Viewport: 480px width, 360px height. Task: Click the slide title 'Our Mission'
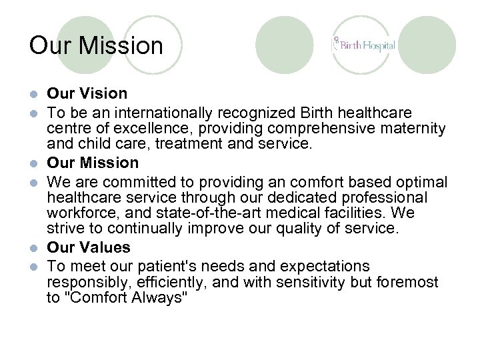point(96,46)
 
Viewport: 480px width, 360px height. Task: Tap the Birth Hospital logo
point(363,45)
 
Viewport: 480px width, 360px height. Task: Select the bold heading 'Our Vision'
point(87,93)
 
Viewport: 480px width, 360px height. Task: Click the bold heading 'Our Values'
point(89,247)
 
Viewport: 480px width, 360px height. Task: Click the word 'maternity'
point(413,128)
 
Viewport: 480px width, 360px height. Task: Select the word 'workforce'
point(79,213)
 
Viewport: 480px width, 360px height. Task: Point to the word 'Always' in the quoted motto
point(161,298)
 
